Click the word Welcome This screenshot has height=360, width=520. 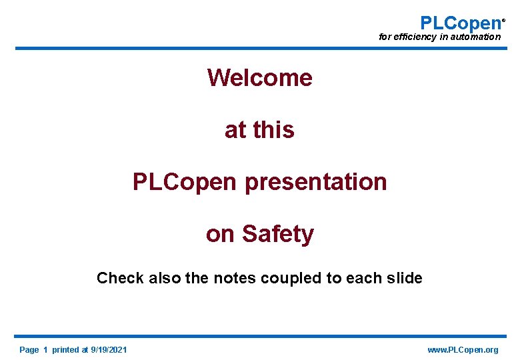(259, 78)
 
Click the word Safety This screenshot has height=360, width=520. (277, 234)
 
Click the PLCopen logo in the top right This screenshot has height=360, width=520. (460, 23)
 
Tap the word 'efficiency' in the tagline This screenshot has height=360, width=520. (415, 37)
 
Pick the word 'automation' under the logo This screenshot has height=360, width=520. (475, 37)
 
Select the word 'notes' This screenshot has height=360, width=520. (234, 278)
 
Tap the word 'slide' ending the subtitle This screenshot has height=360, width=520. (404, 278)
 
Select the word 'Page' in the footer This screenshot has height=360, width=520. (29, 350)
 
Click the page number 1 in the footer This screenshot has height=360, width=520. (45, 350)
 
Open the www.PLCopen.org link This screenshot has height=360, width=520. (463, 350)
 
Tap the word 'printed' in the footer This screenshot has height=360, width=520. (65, 350)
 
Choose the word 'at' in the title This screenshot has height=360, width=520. (235, 130)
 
